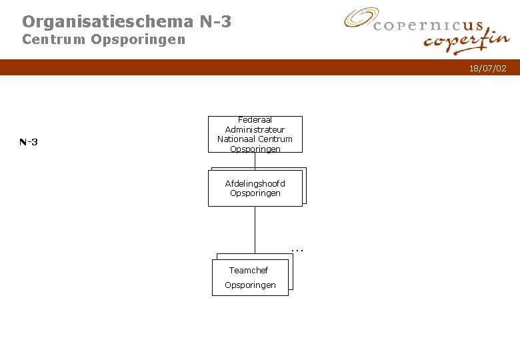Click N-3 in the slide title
point(215,22)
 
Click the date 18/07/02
point(487,69)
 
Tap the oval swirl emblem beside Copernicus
point(361,18)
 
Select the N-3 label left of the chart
point(29,142)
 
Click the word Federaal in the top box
point(255,121)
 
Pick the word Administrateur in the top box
point(255,129)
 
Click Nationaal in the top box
point(236,139)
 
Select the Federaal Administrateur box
point(255,135)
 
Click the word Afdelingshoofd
point(255,183)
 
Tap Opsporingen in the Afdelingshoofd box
point(255,193)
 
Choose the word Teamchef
point(249,270)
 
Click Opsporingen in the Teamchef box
point(250,285)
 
